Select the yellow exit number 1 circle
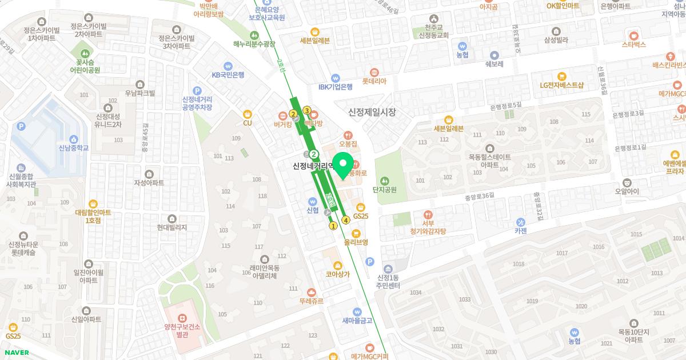[x=333, y=226]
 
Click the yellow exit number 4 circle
[x=346, y=220]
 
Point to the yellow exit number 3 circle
[x=307, y=110]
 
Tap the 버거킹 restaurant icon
[x=283, y=114]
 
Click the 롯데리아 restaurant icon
[x=374, y=72]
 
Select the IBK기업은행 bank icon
[x=335, y=78]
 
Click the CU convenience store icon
[x=247, y=114]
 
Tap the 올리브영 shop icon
[x=356, y=233]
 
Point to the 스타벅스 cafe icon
[x=633, y=34]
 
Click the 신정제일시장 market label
[x=372, y=113]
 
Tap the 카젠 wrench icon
[x=520, y=222]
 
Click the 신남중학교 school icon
[x=74, y=139]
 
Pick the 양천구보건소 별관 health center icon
[x=181, y=317]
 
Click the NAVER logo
[x=17, y=353]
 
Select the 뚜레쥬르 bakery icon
[x=310, y=291]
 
